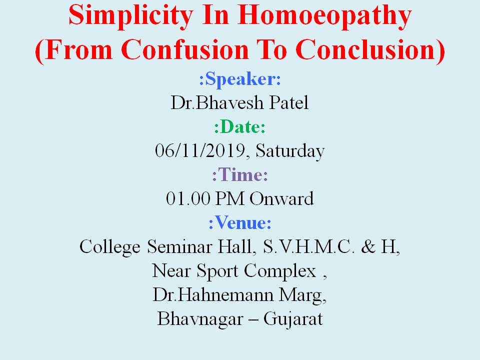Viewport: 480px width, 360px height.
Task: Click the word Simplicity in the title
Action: [131, 16]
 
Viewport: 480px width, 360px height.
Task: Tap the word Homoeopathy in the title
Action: [324, 16]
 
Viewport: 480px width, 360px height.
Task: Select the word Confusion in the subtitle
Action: [184, 50]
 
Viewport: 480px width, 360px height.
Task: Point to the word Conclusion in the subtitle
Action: [366, 50]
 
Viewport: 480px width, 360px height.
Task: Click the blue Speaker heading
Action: [240, 79]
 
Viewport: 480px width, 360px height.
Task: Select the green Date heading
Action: [239, 126]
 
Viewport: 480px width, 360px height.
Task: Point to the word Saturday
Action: [290, 151]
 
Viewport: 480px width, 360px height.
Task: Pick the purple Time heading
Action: [240, 175]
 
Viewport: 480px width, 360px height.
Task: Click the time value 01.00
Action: [188, 198]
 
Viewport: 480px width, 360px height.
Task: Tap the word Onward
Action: [281, 198]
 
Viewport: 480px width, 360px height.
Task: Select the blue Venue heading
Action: [240, 222]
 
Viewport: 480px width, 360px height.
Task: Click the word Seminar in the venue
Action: [179, 246]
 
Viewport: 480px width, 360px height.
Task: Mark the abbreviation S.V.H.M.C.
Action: [308, 246]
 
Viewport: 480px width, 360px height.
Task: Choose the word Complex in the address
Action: [280, 271]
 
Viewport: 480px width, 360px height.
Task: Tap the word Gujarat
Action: [293, 319]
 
